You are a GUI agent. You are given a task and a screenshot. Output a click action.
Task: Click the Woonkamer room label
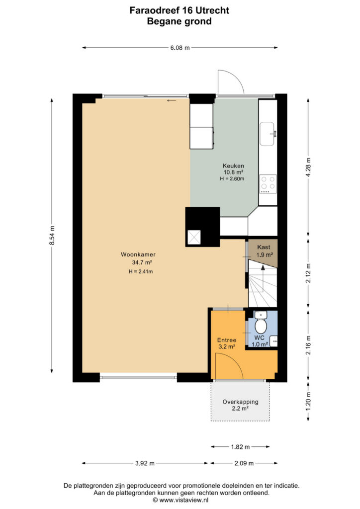(138, 254)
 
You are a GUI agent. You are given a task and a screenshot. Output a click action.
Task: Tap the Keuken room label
(233, 166)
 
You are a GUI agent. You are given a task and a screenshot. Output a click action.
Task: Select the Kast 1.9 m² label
(265, 251)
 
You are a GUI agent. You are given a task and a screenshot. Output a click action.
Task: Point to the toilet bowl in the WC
(261, 326)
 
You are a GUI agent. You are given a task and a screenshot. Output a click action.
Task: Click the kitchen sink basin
(268, 134)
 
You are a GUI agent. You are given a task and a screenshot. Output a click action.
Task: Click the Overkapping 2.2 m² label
(241, 405)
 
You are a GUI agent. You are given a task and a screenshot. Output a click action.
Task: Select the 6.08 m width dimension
(180, 48)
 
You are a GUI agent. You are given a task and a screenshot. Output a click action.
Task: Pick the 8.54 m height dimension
(52, 235)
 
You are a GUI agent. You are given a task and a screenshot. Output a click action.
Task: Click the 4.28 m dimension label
(308, 168)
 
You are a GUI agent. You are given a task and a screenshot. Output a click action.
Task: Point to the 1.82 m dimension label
(240, 447)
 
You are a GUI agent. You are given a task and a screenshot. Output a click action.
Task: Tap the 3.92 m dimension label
(145, 463)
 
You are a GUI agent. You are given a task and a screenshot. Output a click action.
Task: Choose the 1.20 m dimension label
(308, 402)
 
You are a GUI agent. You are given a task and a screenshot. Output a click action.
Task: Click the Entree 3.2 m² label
(227, 343)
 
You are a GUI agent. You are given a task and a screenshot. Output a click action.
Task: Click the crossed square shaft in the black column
(194, 237)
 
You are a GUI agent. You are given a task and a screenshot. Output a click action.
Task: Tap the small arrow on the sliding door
(172, 100)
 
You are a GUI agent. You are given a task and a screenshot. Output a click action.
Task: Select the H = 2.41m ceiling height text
(141, 272)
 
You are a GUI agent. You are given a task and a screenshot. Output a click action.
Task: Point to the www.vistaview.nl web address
(184, 500)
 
